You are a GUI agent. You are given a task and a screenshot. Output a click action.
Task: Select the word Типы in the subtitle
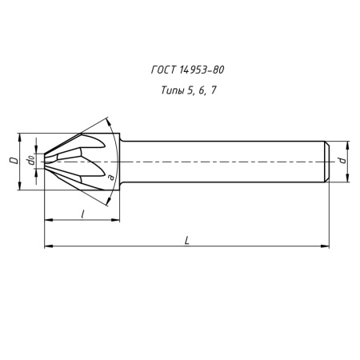tap(164, 90)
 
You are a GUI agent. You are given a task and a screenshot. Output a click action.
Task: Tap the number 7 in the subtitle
tap(213, 90)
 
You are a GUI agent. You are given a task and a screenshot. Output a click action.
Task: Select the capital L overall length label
tap(186, 239)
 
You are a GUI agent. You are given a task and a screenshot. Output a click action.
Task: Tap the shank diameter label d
tap(342, 161)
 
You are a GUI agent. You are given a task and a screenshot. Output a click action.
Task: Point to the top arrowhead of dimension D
tap(19, 134)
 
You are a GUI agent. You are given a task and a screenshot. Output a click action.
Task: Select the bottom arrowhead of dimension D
tap(19, 188)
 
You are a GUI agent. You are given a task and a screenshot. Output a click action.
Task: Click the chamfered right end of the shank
tap(326, 162)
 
